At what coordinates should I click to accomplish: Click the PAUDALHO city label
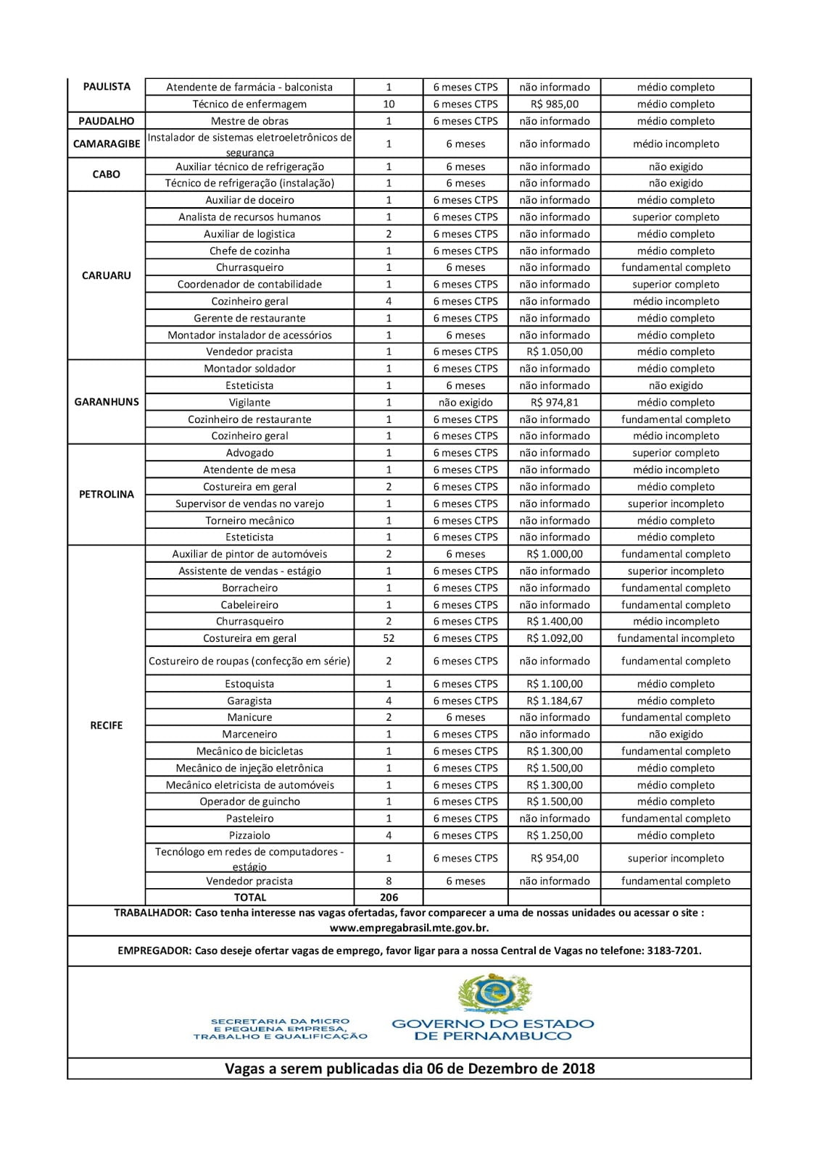tap(106, 121)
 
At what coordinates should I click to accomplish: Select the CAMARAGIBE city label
tap(106, 143)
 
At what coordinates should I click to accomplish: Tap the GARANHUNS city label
tap(106, 402)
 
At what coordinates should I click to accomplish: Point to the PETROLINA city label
tap(106, 495)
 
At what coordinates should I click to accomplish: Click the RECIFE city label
tap(106, 725)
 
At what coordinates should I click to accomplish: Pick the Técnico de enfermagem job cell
tap(249, 104)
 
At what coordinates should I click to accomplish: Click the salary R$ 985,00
tap(554, 104)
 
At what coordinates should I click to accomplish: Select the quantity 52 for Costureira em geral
tap(389, 638)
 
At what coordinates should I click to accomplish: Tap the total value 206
tap(389, 897)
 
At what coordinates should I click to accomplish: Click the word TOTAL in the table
tap(249, 897)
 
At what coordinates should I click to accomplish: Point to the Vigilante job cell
tap(249, 402)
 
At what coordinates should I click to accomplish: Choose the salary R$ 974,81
tap(554, 402)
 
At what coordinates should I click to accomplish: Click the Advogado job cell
tap(249, 453)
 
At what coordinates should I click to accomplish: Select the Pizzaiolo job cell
tap(249, 835)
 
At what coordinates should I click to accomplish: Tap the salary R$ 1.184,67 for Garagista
tap(554, 700)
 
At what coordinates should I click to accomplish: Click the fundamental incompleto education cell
tap(675, 638)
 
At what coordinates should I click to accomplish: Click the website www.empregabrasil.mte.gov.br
tap(409, 928)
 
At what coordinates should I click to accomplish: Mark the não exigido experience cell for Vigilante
tap(465, 402)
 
